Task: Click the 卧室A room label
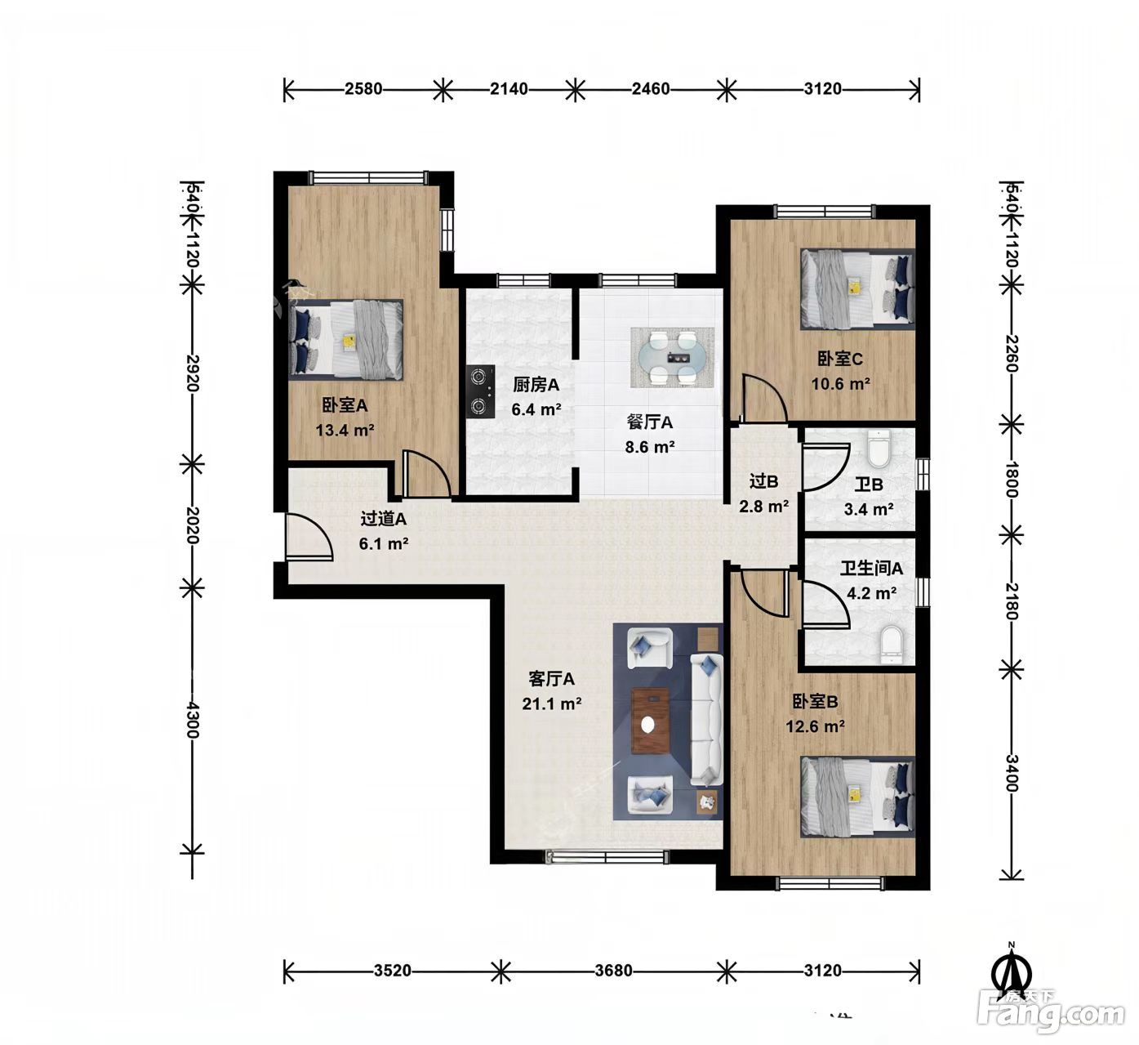(345, 405)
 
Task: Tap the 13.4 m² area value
(345, 430)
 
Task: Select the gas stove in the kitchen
(480, 391)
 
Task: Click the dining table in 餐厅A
(672, 357)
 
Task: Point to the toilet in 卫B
(879, 449)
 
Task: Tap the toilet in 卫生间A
(890, 645)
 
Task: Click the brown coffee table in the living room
(650, 721)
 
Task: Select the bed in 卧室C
(857, 289)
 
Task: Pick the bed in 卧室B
(857, 797)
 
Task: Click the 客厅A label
(551, 678)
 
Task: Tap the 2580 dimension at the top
(363, 89)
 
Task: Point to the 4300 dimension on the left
(193, 720)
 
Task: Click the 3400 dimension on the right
(1011, 773)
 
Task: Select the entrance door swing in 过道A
(309, 537)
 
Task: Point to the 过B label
(763, 481)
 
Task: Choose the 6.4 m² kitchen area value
(536, 409)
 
